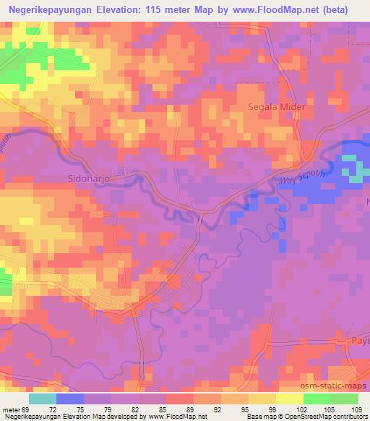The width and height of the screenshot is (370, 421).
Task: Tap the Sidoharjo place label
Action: [87, 177]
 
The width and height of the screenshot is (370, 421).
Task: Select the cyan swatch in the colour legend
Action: [42, 399]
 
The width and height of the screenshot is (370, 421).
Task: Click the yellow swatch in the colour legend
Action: [262, 399]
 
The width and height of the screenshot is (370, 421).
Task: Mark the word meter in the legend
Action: [11, 409]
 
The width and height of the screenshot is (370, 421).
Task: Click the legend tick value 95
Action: [239, 409]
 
